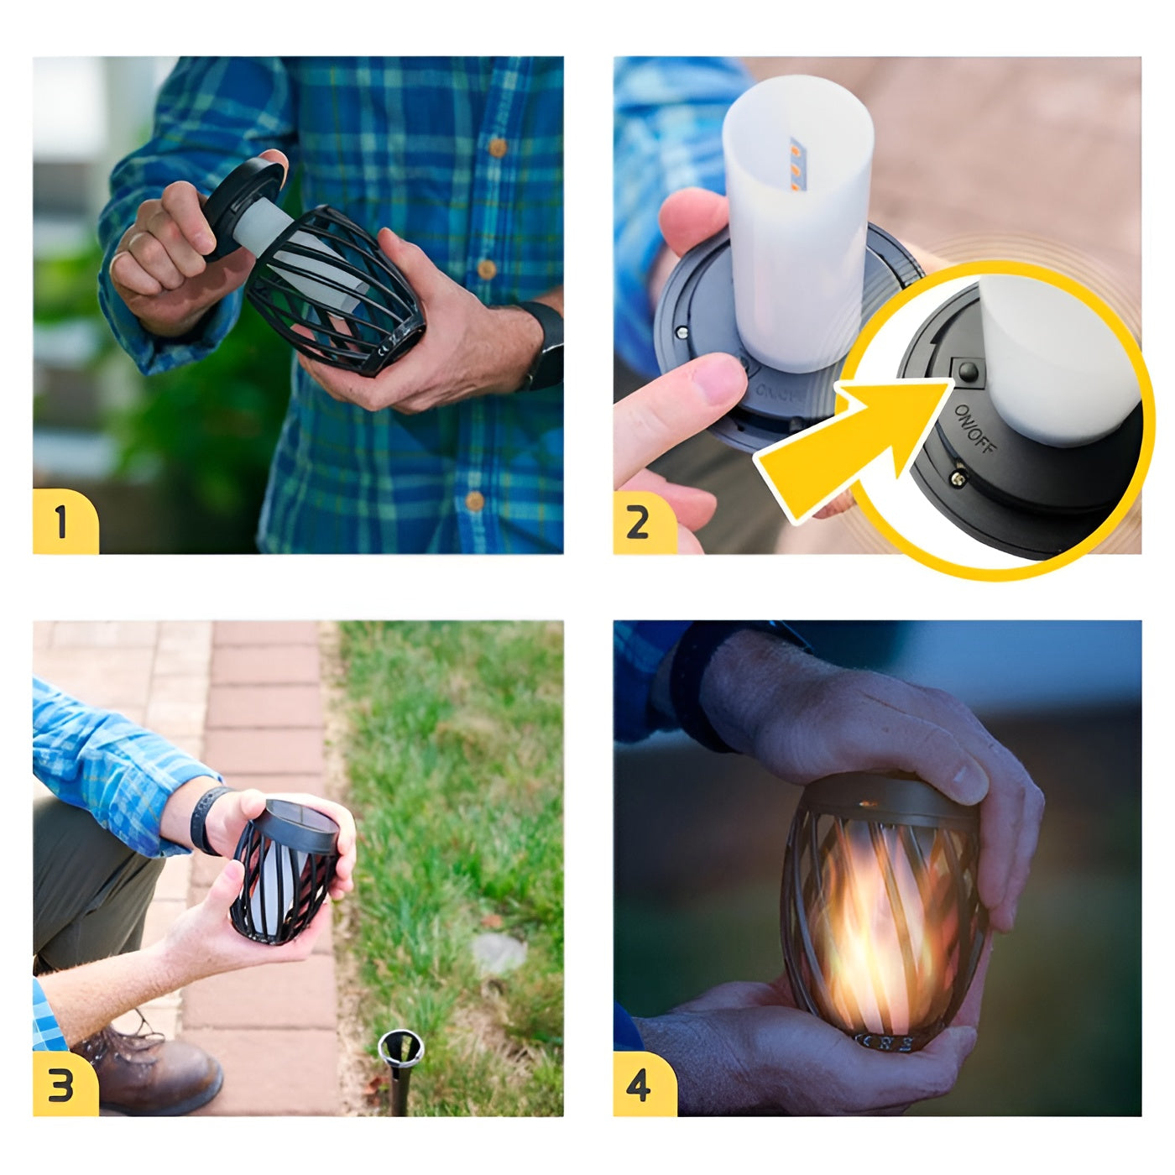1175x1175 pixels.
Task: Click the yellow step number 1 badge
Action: (64, 522)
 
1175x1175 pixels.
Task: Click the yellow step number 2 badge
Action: (641, 522)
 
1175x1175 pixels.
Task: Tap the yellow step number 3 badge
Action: (64, 1084)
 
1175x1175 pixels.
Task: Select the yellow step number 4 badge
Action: (641, 1084)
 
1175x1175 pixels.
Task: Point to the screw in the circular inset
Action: (958, 478)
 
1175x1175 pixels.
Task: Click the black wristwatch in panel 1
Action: (546, 344)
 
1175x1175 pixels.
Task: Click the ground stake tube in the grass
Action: (400, 1066)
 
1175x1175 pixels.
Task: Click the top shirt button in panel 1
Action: (497, 148)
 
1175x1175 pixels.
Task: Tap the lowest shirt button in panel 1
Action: (475, 501)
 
